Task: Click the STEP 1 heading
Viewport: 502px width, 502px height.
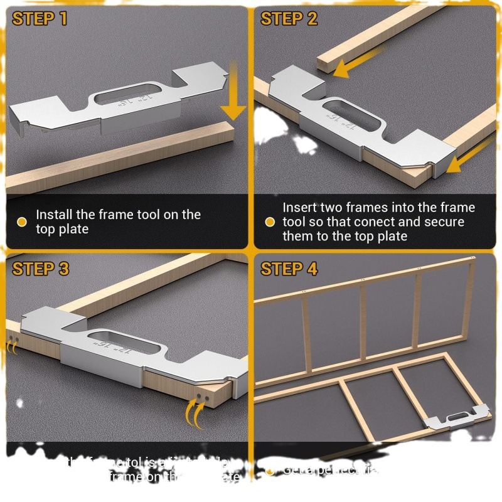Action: click(40, 18)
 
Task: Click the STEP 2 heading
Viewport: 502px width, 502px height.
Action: click(289, 18)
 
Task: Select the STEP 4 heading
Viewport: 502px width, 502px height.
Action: click(289, 269)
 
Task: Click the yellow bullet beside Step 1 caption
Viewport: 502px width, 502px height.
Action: click(21, 222)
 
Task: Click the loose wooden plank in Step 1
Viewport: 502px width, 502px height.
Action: click(119, 157)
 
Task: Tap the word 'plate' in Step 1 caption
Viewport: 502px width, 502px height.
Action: click(71, 229)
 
